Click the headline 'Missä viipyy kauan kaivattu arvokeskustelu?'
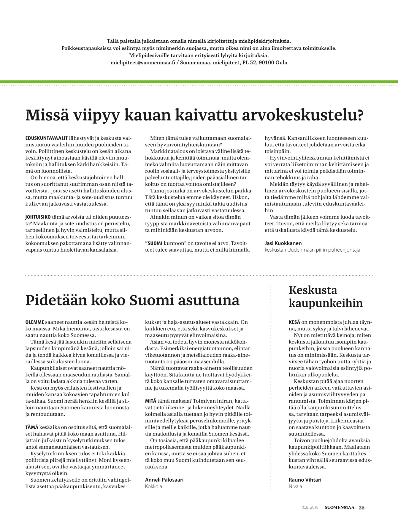(194, 115)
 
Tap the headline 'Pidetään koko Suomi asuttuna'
(132, 300)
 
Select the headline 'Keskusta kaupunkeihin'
(326, 297)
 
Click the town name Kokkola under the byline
(153, 486)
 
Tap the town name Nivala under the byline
(295, 486)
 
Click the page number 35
(361, 507)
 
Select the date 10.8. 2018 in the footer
(310, 507)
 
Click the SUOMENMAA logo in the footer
(339, 507)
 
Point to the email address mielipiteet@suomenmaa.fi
(143, 63)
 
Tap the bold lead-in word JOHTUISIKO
(38, 217)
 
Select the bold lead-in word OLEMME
(35, 322)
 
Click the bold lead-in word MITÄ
(150, 401)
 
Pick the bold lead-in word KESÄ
(294, 322)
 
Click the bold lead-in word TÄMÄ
(32, 427)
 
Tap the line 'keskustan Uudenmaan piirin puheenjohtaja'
(312, 250)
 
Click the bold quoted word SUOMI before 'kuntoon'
(154, 243)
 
